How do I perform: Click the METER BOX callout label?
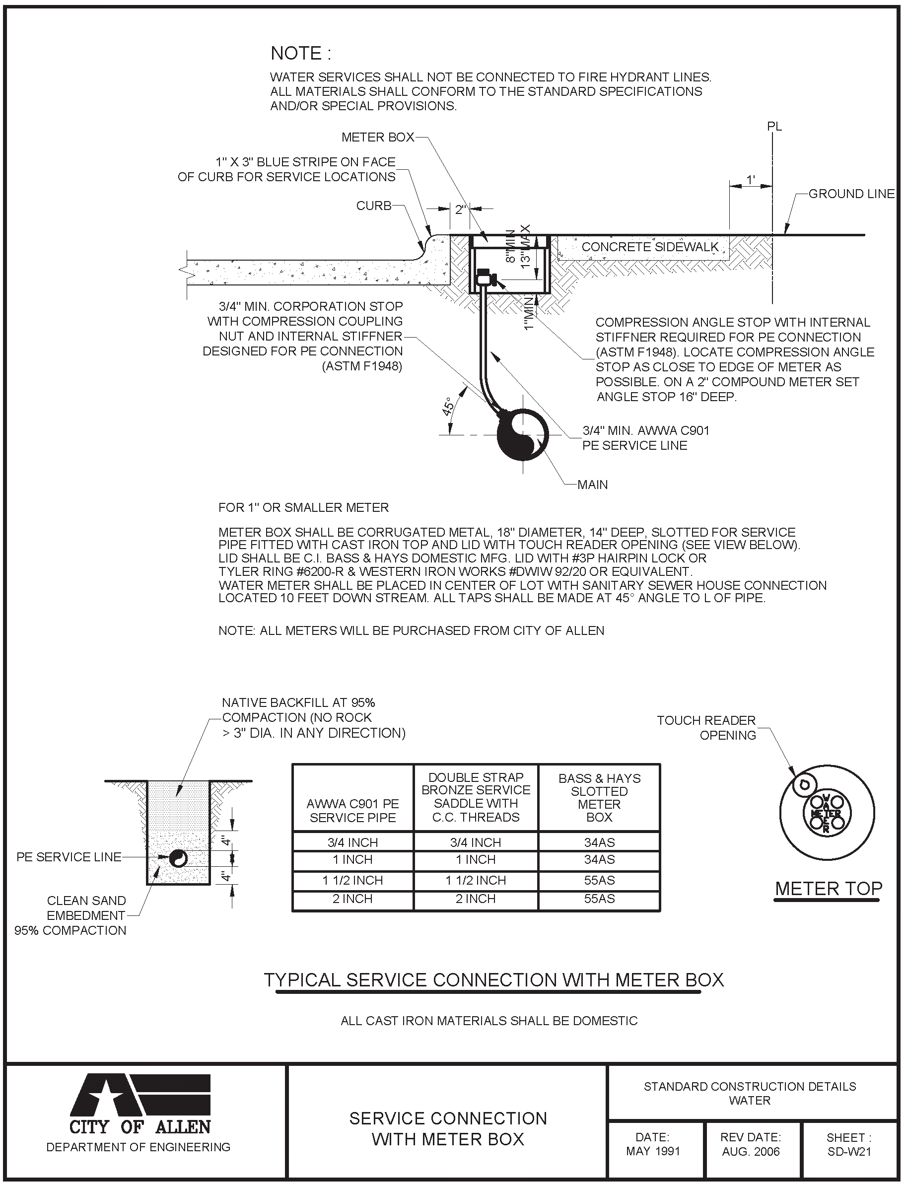[377, 138]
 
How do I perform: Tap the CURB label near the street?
[373, 206]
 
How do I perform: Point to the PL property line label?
[774, 127]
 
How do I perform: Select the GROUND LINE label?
[851, 194]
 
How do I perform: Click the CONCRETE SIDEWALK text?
[650, 247]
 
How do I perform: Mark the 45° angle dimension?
[448, 407]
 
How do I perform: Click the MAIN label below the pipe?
[592, 485]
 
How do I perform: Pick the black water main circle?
[521, 434]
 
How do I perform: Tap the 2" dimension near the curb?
[460, 209]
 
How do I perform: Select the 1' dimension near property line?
[750, 180]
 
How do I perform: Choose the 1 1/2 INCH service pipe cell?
[352, 880]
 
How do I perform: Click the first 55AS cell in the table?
[599, 880]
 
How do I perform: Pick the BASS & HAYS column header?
[599, 797]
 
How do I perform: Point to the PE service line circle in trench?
[178, 858]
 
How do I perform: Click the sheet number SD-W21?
[849, 1152]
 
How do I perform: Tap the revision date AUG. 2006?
[751, 1152]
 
